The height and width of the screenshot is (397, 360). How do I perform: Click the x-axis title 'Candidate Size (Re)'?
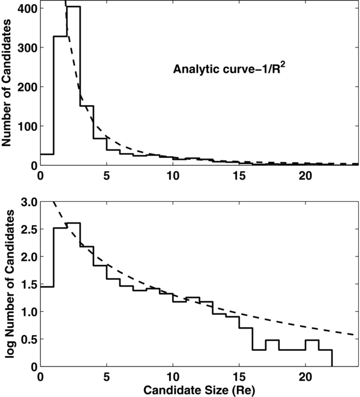pyautogui.click(x=199, y=388)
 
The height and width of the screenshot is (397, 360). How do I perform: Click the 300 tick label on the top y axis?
pyautogui.click(x=25, y=48)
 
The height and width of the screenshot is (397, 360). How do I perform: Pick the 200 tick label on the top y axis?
pyautogui.click(x=25, y=87)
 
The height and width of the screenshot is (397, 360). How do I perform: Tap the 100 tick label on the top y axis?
pyautogui.click(x=25, y=126)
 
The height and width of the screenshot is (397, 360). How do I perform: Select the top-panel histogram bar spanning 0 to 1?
pyautogui.click(x=47, y=160)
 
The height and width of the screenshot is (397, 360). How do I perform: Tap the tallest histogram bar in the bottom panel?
pyautogui.click(x=73, y=294)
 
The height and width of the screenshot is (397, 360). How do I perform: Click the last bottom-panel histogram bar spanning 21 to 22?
pyautogui.click(x=325, y=359)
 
